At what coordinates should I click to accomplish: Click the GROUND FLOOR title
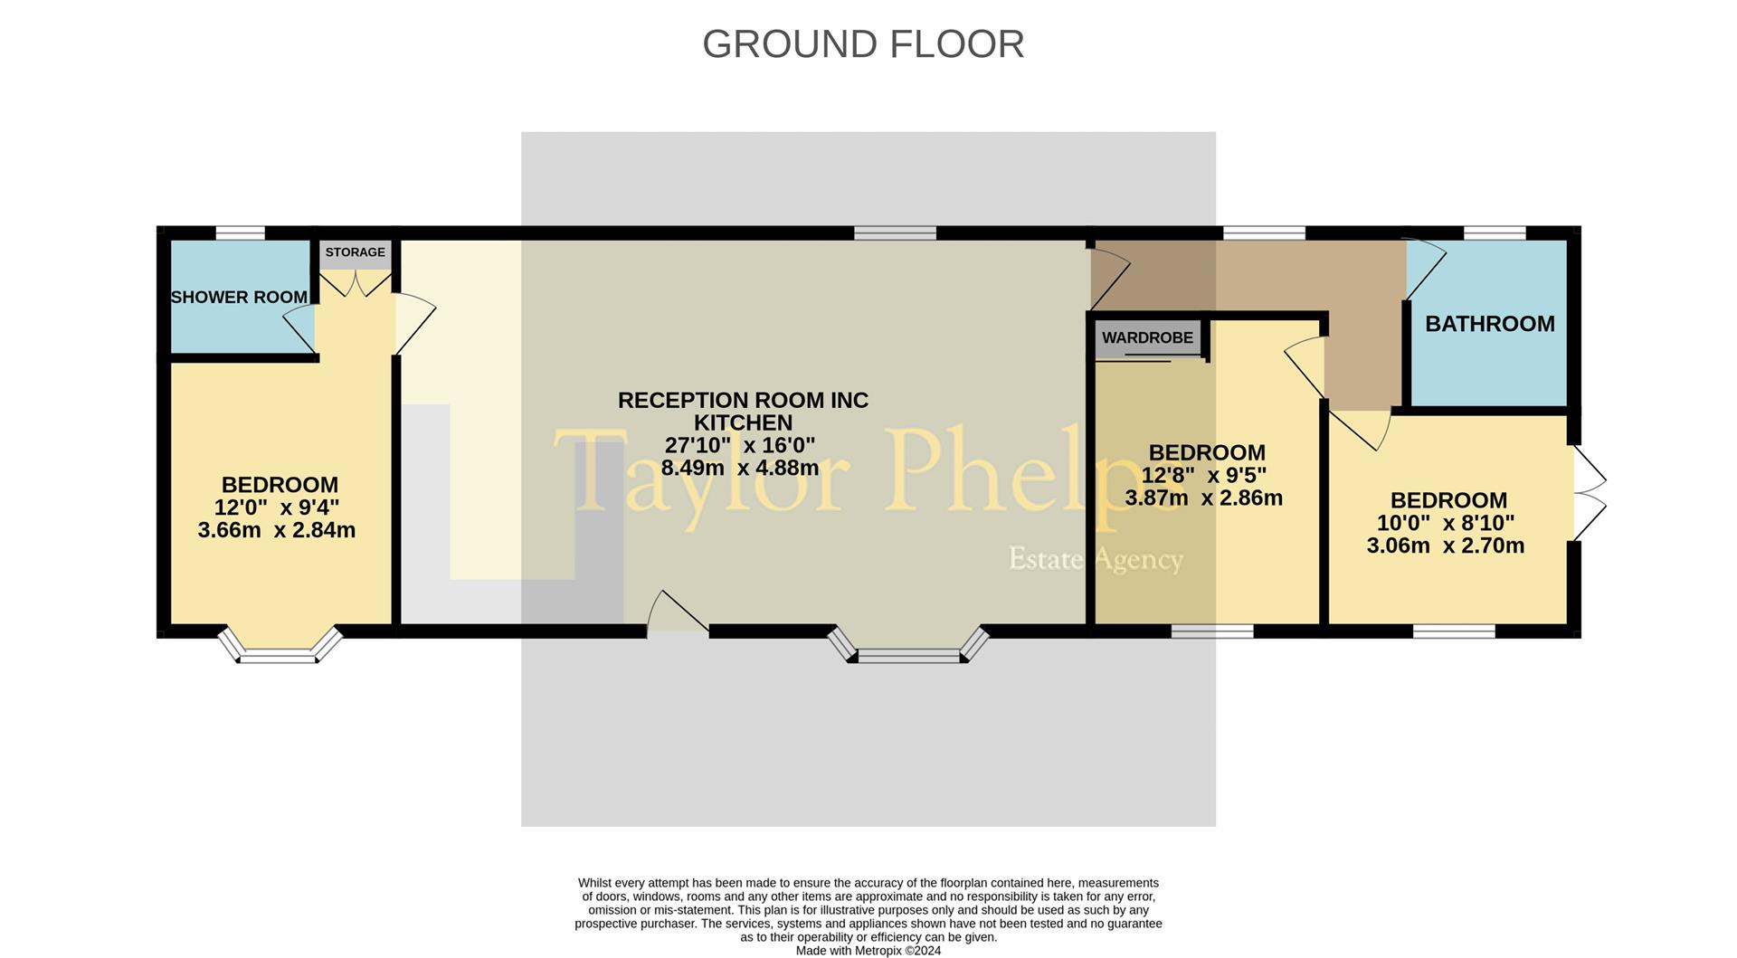[863, 44]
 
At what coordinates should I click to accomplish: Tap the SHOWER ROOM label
[239, 297]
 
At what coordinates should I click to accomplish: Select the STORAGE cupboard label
[355, 252]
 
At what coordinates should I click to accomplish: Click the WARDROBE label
[1147, 337]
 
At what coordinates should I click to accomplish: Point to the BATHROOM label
[1489, 324]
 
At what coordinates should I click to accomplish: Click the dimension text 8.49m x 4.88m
[740, 468]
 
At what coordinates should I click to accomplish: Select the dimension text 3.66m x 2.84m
[276, 530]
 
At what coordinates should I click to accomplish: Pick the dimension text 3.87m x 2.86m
[1203, 498]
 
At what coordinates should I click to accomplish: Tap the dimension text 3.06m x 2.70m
[1445, 545]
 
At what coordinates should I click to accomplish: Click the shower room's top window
[241, 233]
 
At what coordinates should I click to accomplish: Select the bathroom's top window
[1495, 233]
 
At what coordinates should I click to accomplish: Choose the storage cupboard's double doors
[356, 283]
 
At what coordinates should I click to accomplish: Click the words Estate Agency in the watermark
[1096, 559]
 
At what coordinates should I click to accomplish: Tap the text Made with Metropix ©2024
[868, 951]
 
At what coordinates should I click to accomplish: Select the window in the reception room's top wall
[895, 233]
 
